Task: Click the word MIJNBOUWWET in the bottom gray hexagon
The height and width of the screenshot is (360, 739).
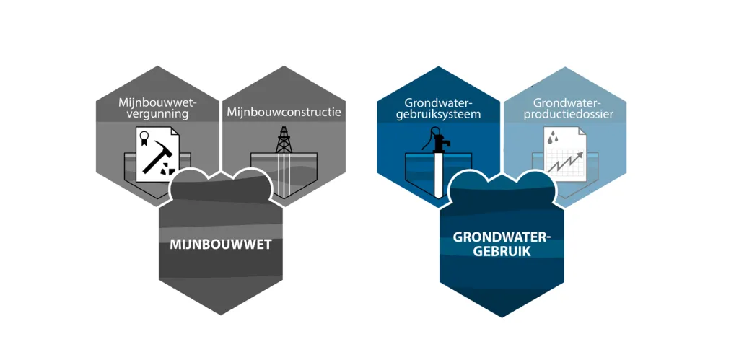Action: coord(220,245)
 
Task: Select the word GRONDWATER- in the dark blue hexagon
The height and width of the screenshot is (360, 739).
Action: coord(502,237)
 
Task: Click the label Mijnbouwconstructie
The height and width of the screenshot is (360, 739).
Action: coord(284,113)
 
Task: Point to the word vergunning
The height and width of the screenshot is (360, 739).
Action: coord(157,115)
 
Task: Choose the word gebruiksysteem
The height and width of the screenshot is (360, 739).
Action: coord(437,115)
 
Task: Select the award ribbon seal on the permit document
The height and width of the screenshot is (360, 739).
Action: coord(144,138)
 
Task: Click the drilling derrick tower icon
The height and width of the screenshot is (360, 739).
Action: coord(283,140)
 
